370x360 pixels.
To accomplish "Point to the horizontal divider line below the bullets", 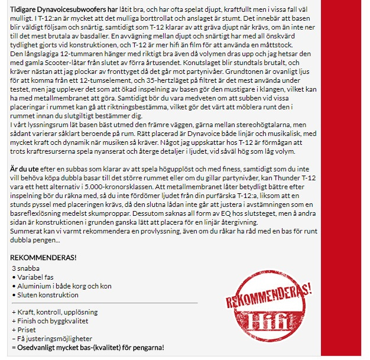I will click(x=104, y=303).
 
